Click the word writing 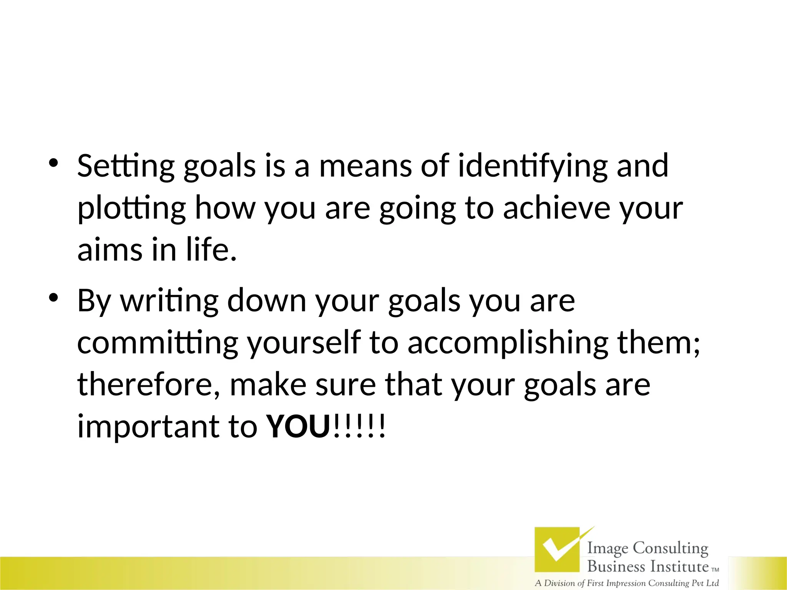(x=169, y=301)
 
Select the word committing (x=158, y=343)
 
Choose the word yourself (x=304, y=343)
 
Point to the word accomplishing (x=508, y=343)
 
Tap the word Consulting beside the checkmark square (x=670, y=548)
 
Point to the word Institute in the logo (x=679, y=567)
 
